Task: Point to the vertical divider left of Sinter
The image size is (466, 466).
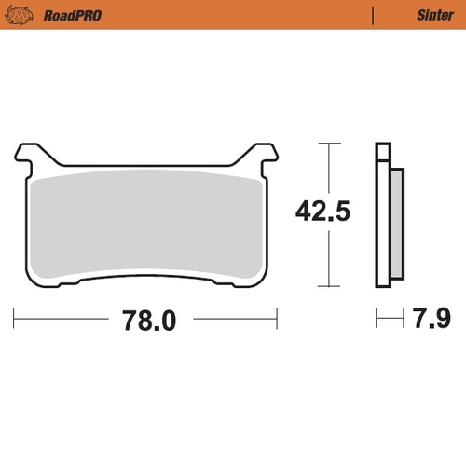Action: [x=374, y=16]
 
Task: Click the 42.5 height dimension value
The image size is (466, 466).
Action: [x=322, y=212]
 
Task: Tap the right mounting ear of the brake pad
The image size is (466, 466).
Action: [x=262, y=155]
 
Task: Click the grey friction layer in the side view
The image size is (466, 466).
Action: [x=395, y=224]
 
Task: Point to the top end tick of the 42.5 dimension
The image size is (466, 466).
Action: [x=323, y=144]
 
